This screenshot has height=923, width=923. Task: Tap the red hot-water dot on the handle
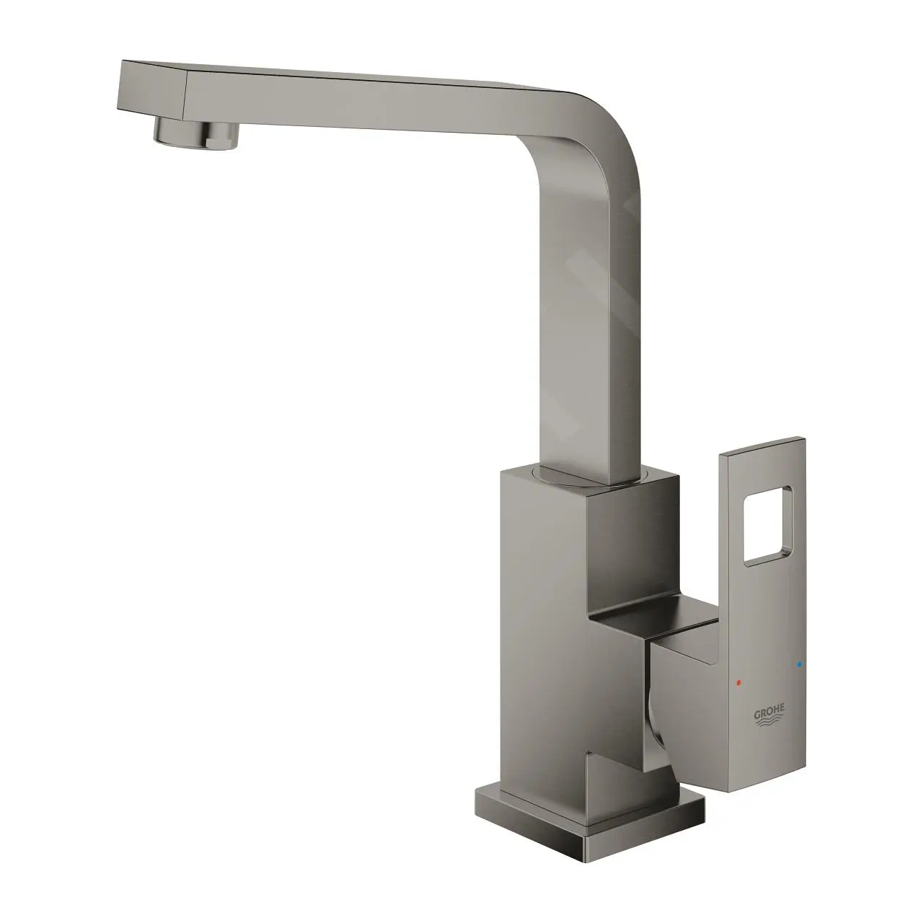pos(738,681)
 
